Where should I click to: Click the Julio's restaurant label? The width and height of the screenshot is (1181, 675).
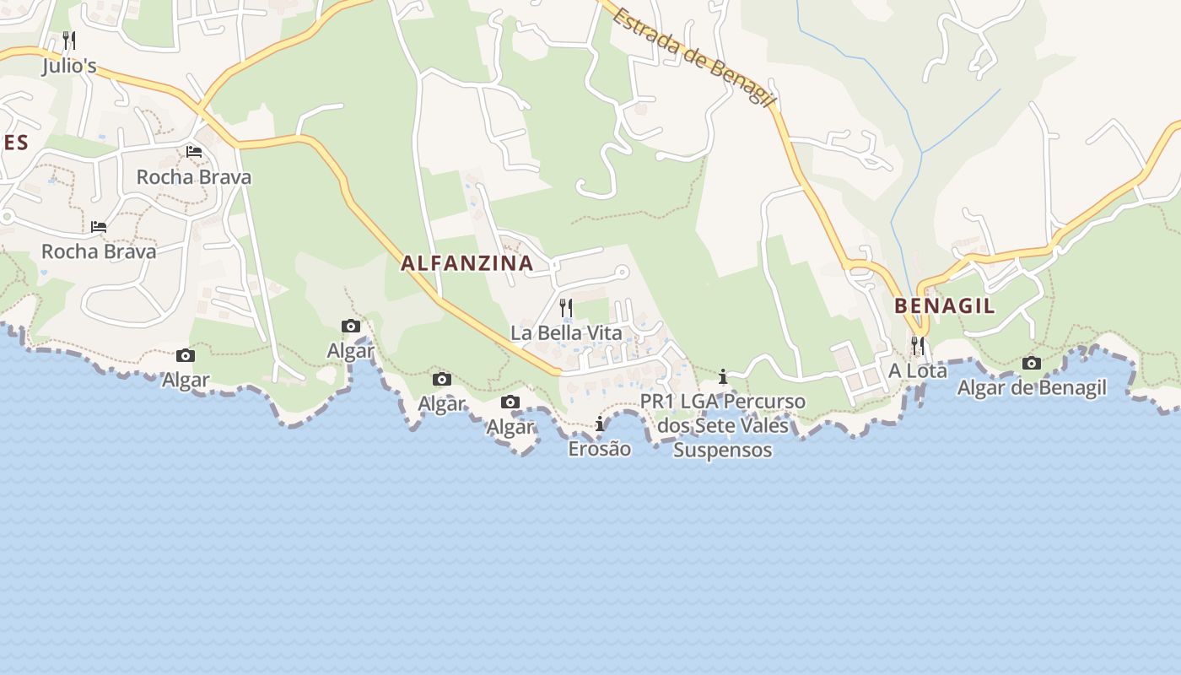click(69, 66)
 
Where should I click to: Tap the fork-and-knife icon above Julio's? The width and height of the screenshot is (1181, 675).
click(69, 40)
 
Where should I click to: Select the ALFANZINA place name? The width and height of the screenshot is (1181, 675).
click(467, 263)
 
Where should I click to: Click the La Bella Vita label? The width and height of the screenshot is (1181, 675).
click(566, 332)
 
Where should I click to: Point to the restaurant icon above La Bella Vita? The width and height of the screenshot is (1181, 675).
click(566, 307)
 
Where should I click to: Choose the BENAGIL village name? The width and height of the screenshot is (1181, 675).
click(944, 305)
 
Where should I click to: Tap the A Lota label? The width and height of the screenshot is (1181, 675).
click(918, 370)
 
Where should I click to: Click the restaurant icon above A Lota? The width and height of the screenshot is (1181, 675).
click(918, 345)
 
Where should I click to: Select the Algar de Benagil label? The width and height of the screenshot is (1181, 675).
click(1032, 388)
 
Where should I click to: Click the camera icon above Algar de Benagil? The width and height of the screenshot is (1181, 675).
click(1032, 364)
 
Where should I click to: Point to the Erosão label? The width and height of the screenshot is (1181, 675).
click(599, 448)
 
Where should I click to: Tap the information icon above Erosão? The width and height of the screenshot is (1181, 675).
click(600, 424)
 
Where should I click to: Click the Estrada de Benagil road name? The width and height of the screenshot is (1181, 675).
click(693, 57)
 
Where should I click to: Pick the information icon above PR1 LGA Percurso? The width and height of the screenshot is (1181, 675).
click(723, 377)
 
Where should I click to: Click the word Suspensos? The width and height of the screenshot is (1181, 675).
click(722, 450)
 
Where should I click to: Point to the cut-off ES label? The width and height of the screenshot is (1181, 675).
click(15, 143)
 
